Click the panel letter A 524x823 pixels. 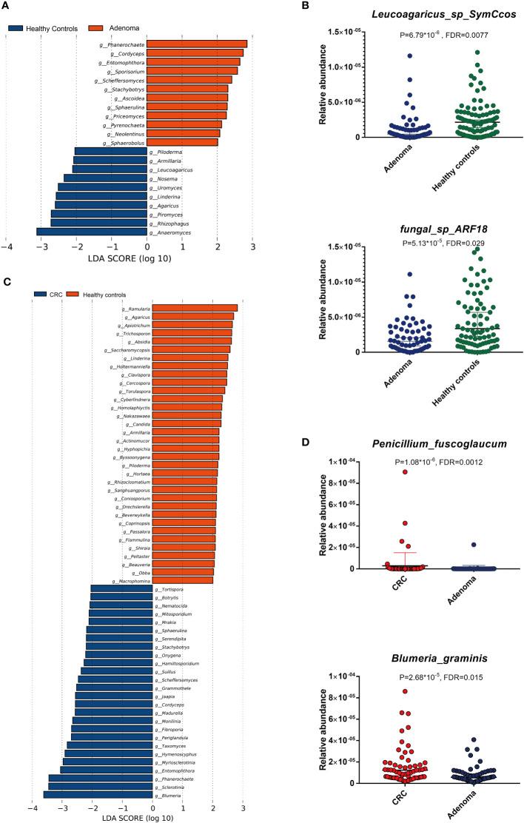(x=6, y=7)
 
